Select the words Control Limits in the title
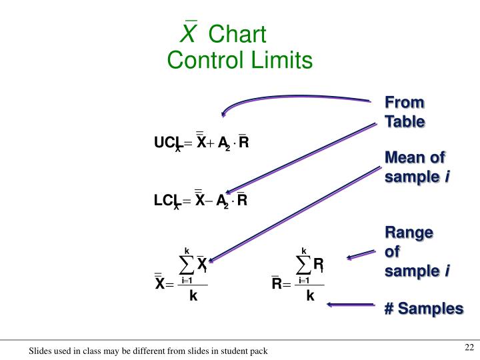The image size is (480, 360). (239, 61)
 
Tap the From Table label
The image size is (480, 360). (404, 112)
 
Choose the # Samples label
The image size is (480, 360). (423, 309)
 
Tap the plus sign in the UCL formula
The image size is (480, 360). (211, 143)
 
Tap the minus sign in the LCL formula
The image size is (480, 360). (210, 200)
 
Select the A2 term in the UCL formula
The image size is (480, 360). (223, 143)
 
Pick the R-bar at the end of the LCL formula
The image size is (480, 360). (242, 199)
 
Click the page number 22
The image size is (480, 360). (468, 347)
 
